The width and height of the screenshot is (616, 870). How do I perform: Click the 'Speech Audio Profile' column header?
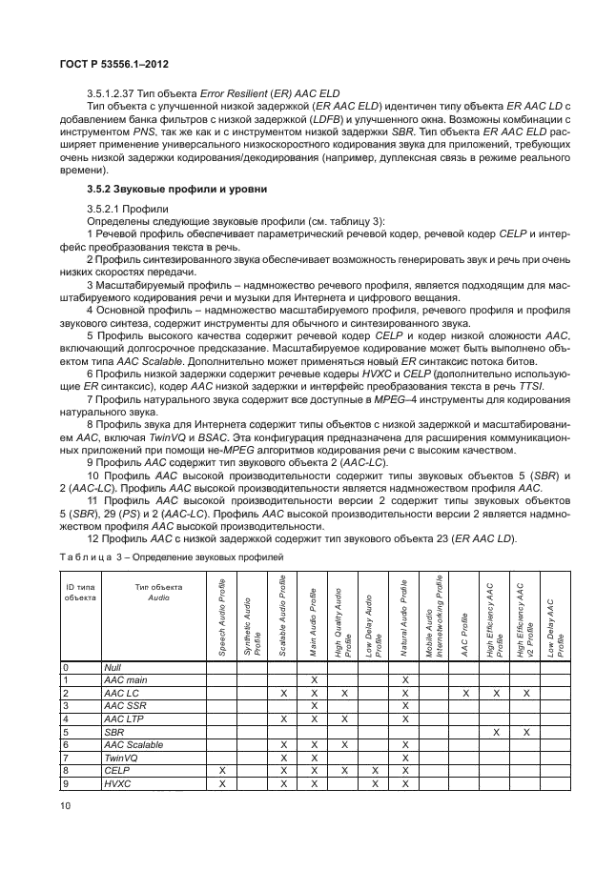click(x=222, y=617)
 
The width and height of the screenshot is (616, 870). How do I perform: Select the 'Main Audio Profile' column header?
click(x=312, y=617)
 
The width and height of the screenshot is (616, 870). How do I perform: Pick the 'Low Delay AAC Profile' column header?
click(x=554, y=617)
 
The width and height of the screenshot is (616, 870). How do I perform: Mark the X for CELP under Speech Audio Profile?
click(x=222, y=771)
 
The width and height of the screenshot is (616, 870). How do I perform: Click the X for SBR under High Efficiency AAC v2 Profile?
click(x=524, y=732)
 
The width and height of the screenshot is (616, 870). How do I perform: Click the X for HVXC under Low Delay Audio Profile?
click(x=373, y=783)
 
